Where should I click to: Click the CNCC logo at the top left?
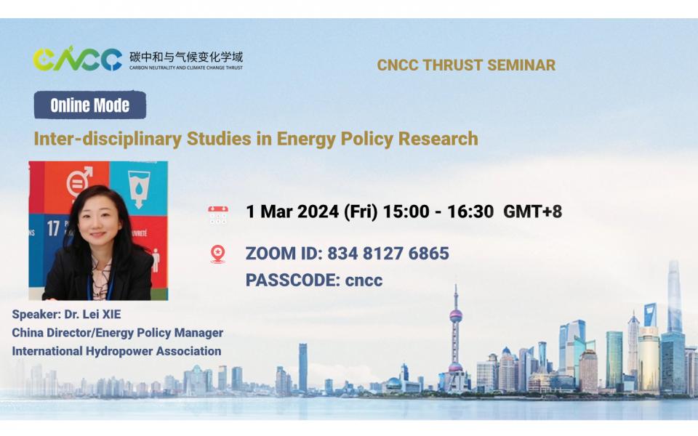[77, 60]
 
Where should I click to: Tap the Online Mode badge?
[90, 105]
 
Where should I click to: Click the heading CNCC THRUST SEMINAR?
[466, 65]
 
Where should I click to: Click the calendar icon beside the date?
[218, 213]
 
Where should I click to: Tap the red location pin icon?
[217, 254]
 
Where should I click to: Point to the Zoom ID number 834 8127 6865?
[388, 254]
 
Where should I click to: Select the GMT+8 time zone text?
[532, 212]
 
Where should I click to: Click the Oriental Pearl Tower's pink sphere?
[456, 315]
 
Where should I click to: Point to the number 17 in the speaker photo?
[53, 228]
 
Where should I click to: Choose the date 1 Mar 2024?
[292, 212]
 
